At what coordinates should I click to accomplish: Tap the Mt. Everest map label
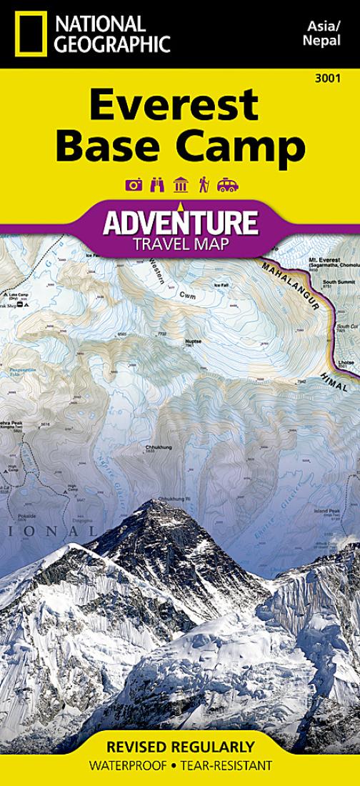323,259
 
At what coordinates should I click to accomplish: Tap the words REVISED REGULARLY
179,747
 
